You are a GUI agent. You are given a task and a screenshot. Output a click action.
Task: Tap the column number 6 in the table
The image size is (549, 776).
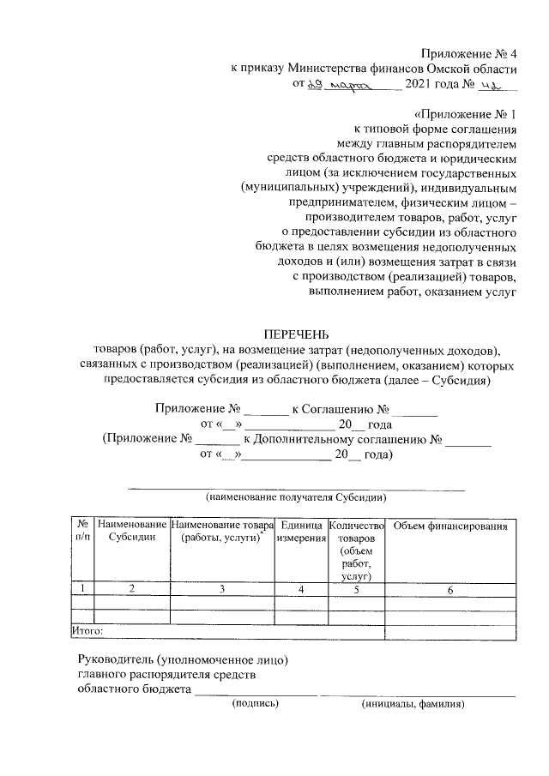(450, 589)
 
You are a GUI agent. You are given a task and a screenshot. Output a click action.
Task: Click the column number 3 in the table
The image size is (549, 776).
(222, 589)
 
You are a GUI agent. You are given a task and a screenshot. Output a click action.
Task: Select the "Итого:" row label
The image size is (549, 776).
(87, 631)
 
